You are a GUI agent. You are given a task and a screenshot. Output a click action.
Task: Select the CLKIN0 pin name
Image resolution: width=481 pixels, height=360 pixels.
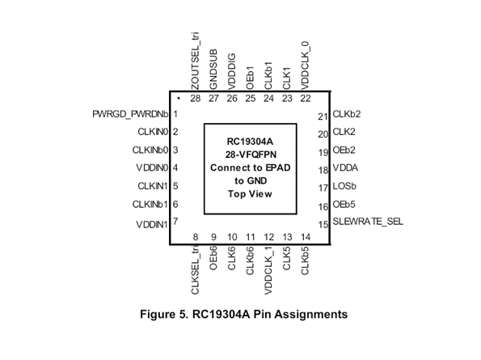pyautogui.click(x=151, y=131)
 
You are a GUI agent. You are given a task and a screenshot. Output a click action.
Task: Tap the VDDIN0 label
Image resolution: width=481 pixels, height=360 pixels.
pyautogui.click(x=152, y=167)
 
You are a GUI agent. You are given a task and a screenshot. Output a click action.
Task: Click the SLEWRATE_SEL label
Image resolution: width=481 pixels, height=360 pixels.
pyautogui.click(x=367, y=222)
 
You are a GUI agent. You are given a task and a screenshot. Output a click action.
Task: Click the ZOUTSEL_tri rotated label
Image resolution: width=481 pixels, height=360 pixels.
pyautogui.click(x=195, y=61)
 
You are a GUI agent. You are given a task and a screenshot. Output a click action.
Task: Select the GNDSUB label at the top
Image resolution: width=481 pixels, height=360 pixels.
pyautogui.click(x=213, y=69)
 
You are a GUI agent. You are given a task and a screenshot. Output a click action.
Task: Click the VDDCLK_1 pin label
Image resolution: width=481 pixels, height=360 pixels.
pyautogui.click(x=268, y=270)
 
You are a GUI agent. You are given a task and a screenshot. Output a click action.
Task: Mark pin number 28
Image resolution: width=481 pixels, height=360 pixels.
pyautogui.click(x=195, y=99)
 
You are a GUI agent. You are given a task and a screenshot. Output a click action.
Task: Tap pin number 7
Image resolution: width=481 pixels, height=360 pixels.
pyautogui.click(x=175, y=222)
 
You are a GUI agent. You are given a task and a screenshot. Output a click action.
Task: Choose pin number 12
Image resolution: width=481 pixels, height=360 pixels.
pyautogui.click(x=268, y=237)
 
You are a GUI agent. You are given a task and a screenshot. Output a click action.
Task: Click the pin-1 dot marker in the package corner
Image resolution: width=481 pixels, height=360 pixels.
pyautogui.click(x=177, y=99)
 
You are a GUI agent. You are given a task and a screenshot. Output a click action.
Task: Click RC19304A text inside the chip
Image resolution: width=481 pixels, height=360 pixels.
pyautogui.click(x=250, y=142)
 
